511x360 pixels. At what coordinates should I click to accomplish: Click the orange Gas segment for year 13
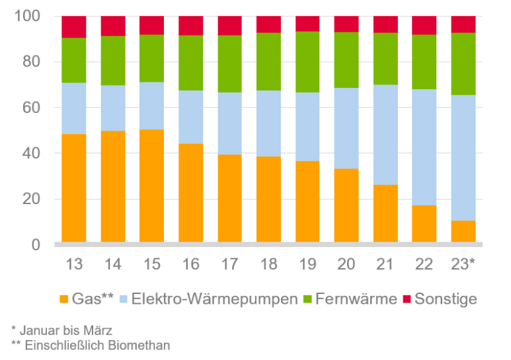click(74, 188)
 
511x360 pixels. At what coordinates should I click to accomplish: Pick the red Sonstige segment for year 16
click(191, 25)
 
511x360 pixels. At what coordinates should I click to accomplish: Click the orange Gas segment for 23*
click(463, 231)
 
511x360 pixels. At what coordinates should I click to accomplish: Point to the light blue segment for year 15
click(152, 106)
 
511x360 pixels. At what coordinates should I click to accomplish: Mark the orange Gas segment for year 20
click(346, 205)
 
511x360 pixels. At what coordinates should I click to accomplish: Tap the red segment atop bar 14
click(113, 26)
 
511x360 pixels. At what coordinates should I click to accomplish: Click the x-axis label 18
click(268, 264)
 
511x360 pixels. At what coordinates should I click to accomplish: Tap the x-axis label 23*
click(464, 264)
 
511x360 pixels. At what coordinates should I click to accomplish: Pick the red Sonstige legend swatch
click(405, 299)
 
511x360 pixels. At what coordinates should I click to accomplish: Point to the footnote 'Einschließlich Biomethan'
click(90, 344)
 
